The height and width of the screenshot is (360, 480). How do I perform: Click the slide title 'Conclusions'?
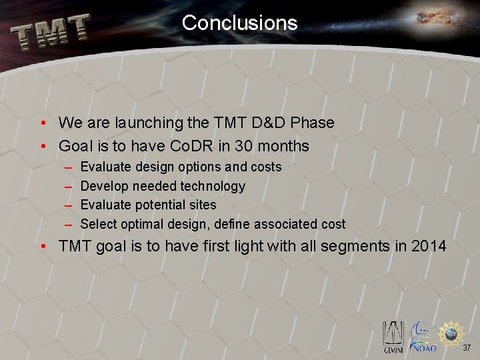coord(239,23)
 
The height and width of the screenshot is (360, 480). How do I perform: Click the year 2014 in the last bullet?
coord(429,246)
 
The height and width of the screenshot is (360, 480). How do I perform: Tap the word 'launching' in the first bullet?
coord(149,123)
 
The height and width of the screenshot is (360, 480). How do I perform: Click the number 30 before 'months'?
coord(243,146)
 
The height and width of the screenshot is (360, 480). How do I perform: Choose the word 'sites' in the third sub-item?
coord(201,205)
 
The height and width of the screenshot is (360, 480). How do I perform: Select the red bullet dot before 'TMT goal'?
coord(42,247)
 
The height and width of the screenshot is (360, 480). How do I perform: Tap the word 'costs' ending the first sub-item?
coord(265,167)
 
